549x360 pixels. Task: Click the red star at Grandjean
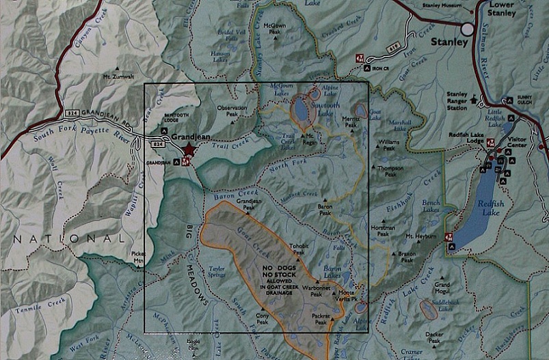coord(189,150)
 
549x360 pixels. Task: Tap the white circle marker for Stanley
coord(468,29)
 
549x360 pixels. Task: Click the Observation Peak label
coord(232,111)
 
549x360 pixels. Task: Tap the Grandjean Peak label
coord(248,204)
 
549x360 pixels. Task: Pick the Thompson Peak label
coord(386,171)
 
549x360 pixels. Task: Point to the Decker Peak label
coord(433,336)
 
